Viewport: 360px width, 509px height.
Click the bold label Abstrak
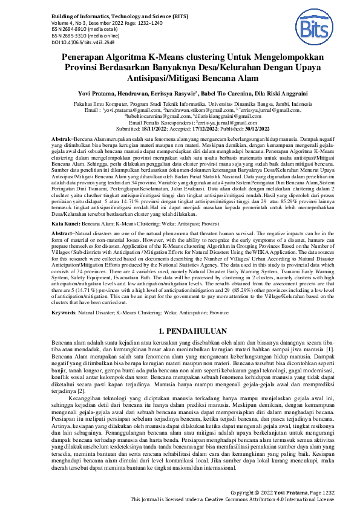[x=62, y=139]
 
